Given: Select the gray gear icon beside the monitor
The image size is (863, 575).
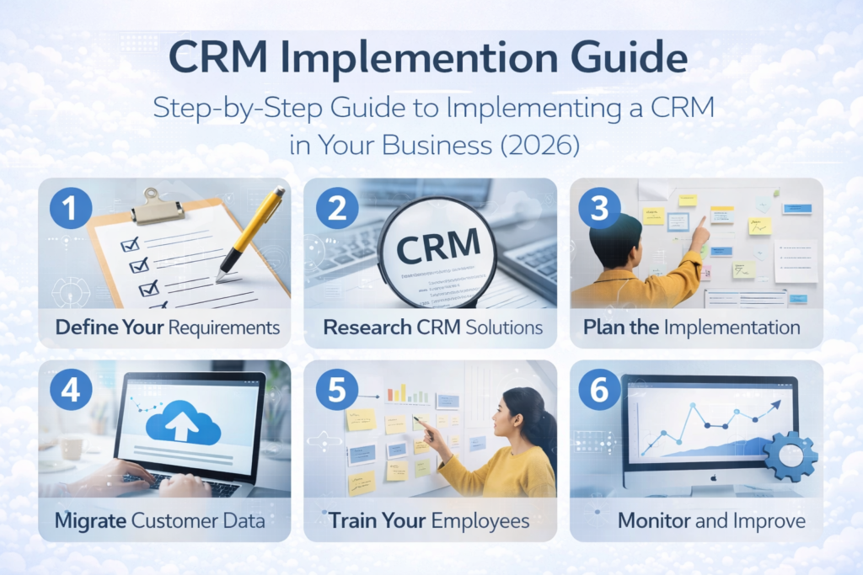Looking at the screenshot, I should point(790,455).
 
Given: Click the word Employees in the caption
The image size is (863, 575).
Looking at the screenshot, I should point(480,520).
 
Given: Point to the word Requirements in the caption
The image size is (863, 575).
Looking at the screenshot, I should point(224,327).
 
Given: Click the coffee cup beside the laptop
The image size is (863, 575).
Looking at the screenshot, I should point(72,447).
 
